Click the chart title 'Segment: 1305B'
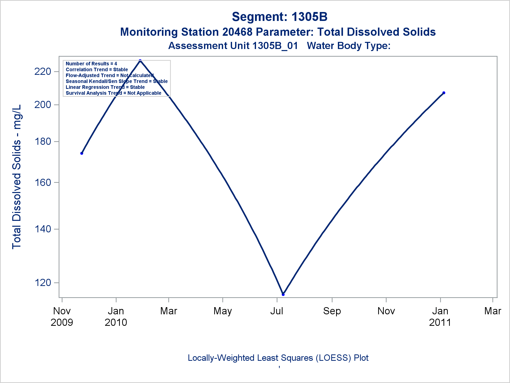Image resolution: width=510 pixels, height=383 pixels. click(279, 17)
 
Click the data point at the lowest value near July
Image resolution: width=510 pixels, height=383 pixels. click(283, 294)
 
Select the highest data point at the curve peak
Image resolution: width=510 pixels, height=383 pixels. click(140, 61)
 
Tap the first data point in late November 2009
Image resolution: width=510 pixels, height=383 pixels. click(82, 153)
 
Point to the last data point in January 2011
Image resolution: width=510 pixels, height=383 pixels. click(444, 93)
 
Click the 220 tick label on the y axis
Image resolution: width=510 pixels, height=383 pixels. click(43, 71)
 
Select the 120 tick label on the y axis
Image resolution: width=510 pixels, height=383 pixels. click(43, 283)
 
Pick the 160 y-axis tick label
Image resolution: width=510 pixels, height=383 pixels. click(43, 183)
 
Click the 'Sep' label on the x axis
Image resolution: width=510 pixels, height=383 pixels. click(332, 311)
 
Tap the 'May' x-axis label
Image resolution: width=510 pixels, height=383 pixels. click(223, 311)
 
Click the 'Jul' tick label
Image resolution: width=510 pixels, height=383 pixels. click(277, 311)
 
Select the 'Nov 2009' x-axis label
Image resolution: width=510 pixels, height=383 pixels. click(62, 317)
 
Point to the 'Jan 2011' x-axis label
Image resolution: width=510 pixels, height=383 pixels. click(440, 317)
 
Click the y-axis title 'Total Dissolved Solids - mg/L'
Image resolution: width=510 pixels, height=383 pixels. click(17, 177)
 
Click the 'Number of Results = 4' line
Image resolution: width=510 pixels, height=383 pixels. click(91, 64)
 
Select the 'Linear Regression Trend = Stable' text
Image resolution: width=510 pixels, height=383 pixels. click(105, 87)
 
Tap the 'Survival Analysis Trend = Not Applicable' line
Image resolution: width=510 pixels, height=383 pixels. click(113, 93)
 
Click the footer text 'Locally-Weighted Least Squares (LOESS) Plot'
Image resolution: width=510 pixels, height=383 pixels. click(278, 358)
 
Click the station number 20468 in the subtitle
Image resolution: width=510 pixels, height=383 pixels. click(237, 32)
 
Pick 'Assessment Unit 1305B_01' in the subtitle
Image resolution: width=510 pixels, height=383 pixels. click(233, 46)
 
